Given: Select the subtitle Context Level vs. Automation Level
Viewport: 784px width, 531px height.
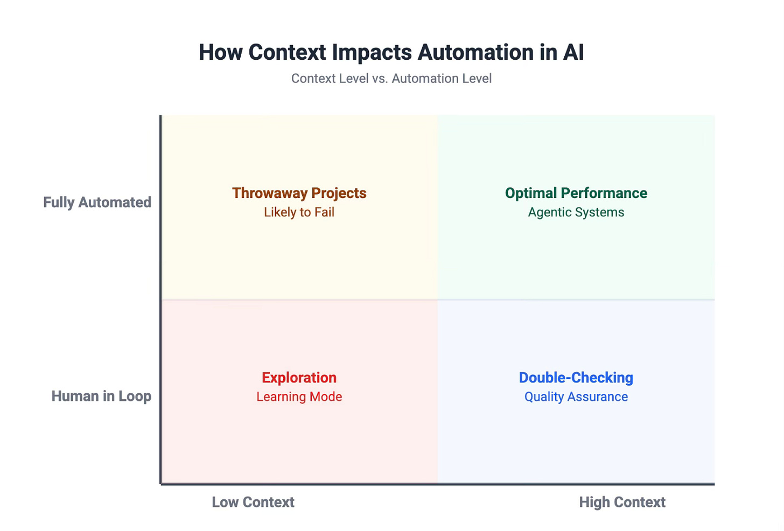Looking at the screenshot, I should pos(391,79).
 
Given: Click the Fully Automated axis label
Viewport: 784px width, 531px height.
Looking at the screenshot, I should pos(97,202).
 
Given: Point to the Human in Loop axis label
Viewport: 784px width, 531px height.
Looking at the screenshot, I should pos(101,397).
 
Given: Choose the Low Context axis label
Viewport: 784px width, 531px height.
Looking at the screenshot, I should pos(253,502).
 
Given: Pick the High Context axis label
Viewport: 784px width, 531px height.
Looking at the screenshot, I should pos(622,502).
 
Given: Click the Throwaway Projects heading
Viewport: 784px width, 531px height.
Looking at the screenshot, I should pos(299,193).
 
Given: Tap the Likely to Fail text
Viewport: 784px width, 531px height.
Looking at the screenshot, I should pos(299,213).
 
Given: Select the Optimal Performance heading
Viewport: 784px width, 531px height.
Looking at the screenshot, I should pos(576,193).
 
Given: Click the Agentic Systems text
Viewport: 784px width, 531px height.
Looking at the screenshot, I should pos(576,213).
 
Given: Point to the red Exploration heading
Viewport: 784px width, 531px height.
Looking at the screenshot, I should pos(299,378).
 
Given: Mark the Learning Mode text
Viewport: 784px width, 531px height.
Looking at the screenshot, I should pos(299,397).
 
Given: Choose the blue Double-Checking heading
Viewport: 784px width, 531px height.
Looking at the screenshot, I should pos(576,378).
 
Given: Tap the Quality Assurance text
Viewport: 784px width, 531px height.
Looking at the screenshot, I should pos(576,397).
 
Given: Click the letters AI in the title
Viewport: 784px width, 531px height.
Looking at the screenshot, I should pos(573,52).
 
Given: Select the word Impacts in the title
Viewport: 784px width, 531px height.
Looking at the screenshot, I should pos(372,52).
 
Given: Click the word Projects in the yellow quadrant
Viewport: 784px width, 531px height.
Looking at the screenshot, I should pos(339,193).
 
